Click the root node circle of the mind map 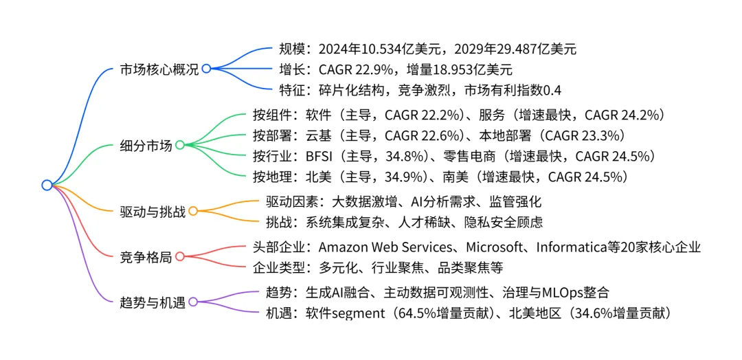(x=47, y=185)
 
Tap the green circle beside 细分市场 (x=179, y=145)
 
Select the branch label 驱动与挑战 (x=153, y=212)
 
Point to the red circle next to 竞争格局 (x=179, y=256)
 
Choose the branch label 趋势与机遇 (x=153, y=302)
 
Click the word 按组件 (x=273, y=115)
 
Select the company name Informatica (x=573, y=247)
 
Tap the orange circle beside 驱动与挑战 (x=192, y=212)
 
